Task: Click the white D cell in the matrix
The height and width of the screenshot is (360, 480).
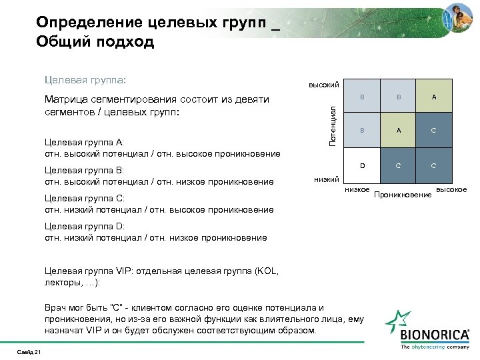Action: pos(363,165)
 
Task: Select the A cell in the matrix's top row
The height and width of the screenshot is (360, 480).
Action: pos(434,97)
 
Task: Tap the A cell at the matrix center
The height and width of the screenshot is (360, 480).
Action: pos(398,131)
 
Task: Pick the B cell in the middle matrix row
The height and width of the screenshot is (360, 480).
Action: pos(363,131)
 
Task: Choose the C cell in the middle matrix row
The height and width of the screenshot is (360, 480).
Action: pos(434,131)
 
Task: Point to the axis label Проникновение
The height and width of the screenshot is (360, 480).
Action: pos(403,195)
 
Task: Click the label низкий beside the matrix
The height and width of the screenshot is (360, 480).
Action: pos(327,178)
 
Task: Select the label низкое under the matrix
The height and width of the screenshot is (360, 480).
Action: pos(357,190)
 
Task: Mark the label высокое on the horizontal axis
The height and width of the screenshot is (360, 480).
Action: pos(451,190)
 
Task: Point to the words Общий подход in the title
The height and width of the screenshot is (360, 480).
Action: pos(95,43)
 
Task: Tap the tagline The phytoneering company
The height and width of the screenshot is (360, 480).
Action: pos(434,347)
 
